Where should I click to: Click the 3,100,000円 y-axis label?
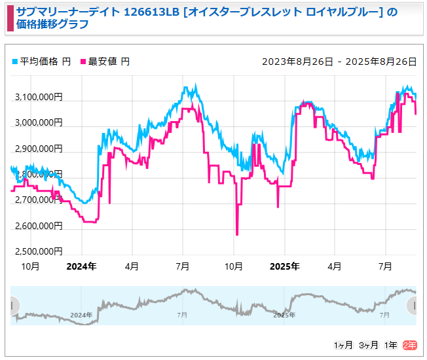tap(39, 98)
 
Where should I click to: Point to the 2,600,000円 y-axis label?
tap(39, 226)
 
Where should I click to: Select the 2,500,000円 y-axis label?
tap(39, 251)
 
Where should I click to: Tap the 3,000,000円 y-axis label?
tap(39, 123)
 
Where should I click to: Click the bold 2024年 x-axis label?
tap(82, 266)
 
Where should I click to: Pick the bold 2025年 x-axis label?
tap(285, 266)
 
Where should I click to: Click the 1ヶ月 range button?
tap(343, 345)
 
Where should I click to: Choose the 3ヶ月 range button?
tap(369, 345)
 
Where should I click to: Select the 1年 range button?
tap(391, 345)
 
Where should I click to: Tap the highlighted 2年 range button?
tap(409, 345)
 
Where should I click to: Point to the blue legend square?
tap(15, 62)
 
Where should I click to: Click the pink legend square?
tap(83, 62)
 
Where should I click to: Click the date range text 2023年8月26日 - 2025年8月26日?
tap(339, 62)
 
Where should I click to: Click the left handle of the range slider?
tap(14, 306)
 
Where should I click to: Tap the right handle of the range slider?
tap(413, 306)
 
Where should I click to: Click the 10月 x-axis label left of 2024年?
tap(31, 266)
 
